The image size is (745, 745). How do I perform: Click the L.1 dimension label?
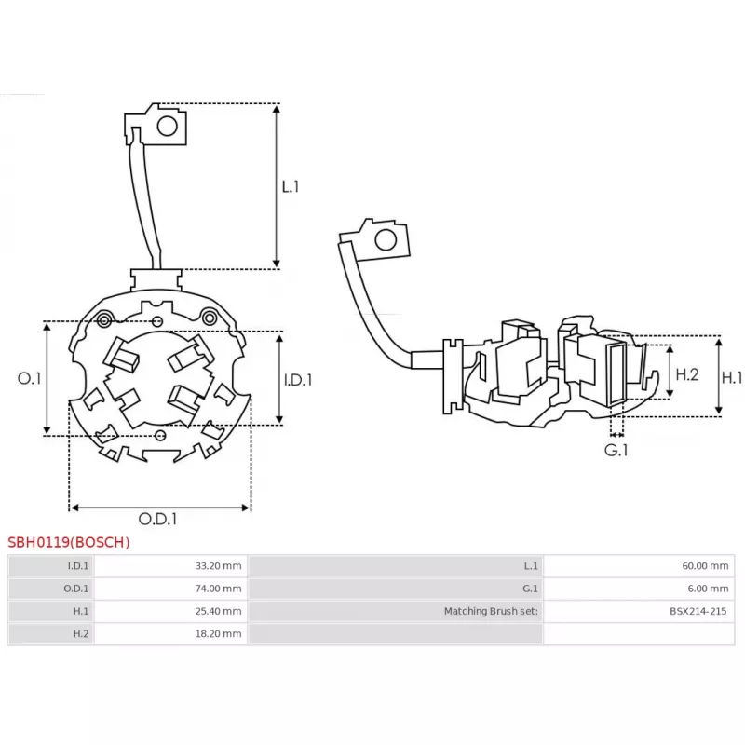coord(291,186)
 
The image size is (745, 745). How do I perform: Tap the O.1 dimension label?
coord(30,378)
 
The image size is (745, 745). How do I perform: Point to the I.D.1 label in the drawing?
coord(297,380)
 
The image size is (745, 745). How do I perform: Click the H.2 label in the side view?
coord(686,374)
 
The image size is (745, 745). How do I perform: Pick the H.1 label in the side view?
coord(733,377)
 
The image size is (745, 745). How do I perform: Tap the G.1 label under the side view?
coord(616,450)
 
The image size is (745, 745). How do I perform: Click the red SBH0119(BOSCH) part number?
coord(69,542)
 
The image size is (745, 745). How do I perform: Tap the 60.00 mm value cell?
coord(706,566)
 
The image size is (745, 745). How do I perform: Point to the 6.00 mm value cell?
coord(709,589)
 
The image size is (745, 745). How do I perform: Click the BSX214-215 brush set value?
coord(698,611)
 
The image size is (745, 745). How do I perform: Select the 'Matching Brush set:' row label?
coord(491,611)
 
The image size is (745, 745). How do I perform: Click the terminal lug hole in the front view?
coord(167,126)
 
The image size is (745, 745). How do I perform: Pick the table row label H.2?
coord(81,633)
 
